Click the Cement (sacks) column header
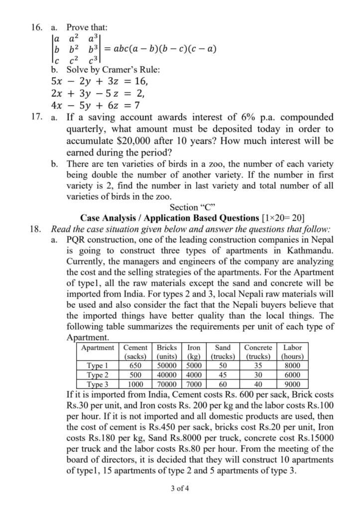point(135,352)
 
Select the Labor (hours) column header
point(292,352)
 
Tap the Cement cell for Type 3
point(135,384)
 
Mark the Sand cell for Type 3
point(223,384)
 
